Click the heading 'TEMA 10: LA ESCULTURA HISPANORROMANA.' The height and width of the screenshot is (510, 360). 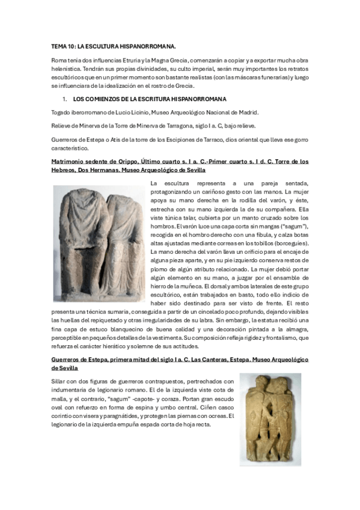click(113, 46)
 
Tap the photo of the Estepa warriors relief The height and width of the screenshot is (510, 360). click(270, 419)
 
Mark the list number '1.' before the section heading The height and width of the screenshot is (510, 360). click(65, 98)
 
